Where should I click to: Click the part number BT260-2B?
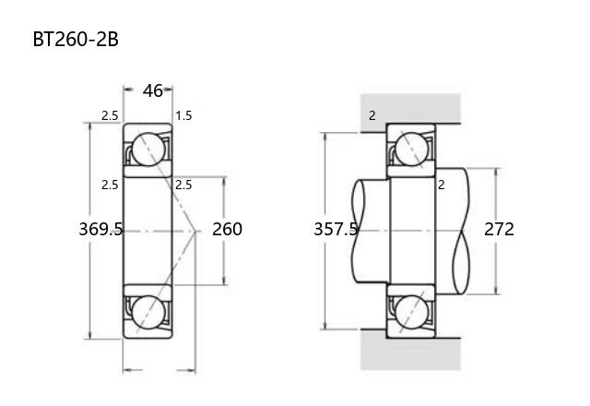click(x=76, y=39)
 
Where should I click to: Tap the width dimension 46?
click(x=152, y=90)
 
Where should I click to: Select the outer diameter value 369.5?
click(x=100, y=229)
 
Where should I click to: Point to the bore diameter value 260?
click(x=227, y=229)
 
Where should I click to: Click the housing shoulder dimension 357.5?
click(x=336, y=229)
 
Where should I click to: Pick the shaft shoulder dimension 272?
click(x=499, y=229)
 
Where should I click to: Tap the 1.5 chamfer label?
click(x=183, y=115)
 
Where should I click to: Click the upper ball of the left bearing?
click(x=148, y=149)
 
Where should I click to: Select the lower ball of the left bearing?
click(x=148, y=312)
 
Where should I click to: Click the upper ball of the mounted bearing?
click(x=412, y=149)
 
